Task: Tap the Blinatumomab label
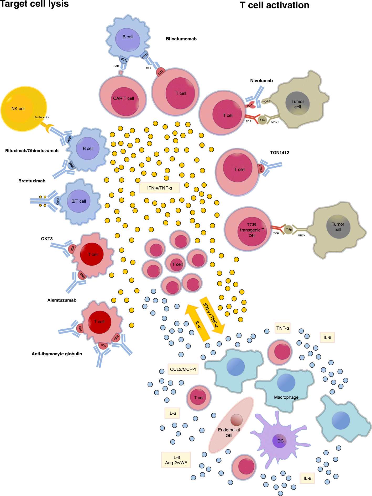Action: coord(181,39)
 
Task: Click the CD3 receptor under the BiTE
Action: coord(160,72)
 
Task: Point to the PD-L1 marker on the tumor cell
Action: coord(266,101)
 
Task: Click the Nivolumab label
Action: coord(261,81)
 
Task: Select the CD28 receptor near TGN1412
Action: coord(260,168)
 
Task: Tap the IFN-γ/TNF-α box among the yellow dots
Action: coord(159,188)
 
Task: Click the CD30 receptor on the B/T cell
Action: coord(58,201)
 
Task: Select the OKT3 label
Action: coord(47,239)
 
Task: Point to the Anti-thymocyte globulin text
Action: coord(57,354)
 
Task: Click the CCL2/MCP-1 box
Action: coord(183,369)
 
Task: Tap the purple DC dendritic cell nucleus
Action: coord(280,441)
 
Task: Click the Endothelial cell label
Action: coord(229,432)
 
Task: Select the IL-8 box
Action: coord(307,478)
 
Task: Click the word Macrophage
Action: coord(286,397)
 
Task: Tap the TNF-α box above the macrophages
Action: coord(282,328)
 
